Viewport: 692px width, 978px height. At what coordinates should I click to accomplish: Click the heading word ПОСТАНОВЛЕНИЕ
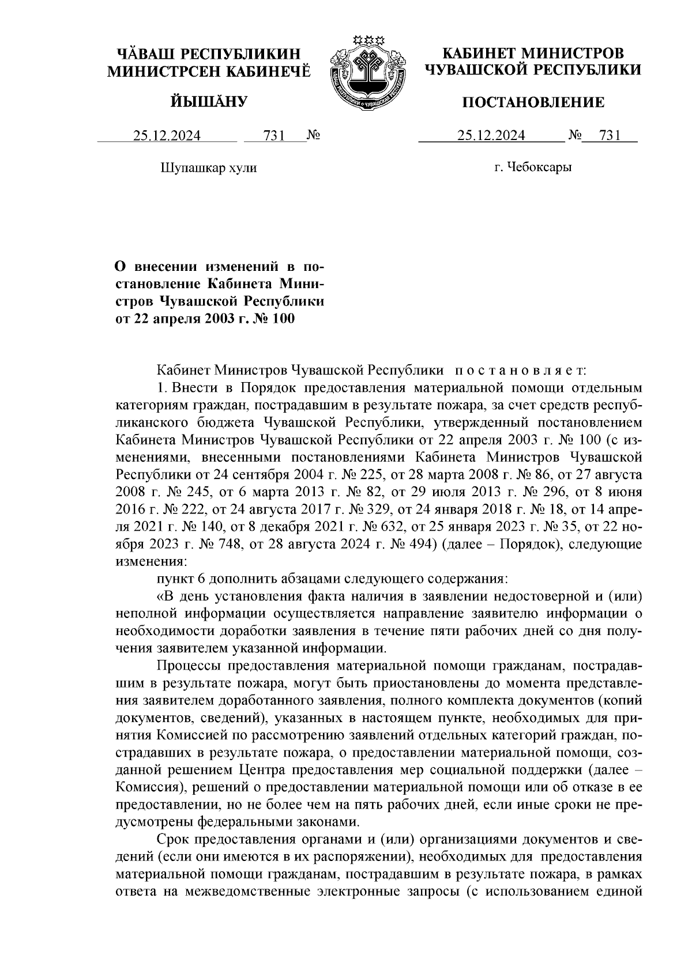(533, 103)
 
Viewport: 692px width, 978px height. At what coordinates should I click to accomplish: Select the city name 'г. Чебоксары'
(533, 168)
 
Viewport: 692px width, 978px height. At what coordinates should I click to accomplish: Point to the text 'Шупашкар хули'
(207, 168)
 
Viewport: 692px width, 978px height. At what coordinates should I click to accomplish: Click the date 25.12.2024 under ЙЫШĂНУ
(167, 136)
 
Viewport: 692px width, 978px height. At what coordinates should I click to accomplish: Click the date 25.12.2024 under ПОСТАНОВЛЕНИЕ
(491, 136)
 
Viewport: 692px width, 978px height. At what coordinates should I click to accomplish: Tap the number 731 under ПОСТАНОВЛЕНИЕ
(610, 136)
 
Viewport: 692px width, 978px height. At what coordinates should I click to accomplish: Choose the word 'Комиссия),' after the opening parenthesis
(151, 787)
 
